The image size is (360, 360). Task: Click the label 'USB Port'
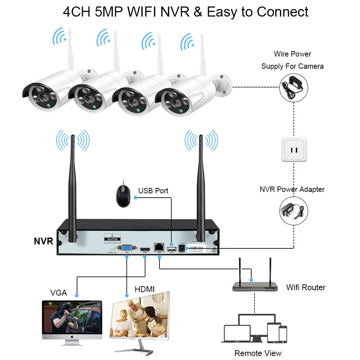click(x=153, y=191)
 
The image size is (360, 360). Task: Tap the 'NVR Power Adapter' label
click(x=292, y=189)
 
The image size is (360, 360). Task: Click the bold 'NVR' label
click(x=44, y=241)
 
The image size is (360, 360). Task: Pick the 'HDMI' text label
click(x=144, y=289)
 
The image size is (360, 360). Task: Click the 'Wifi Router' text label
click(x=306, y=287)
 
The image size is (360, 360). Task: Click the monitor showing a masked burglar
click(x=72, y=318)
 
